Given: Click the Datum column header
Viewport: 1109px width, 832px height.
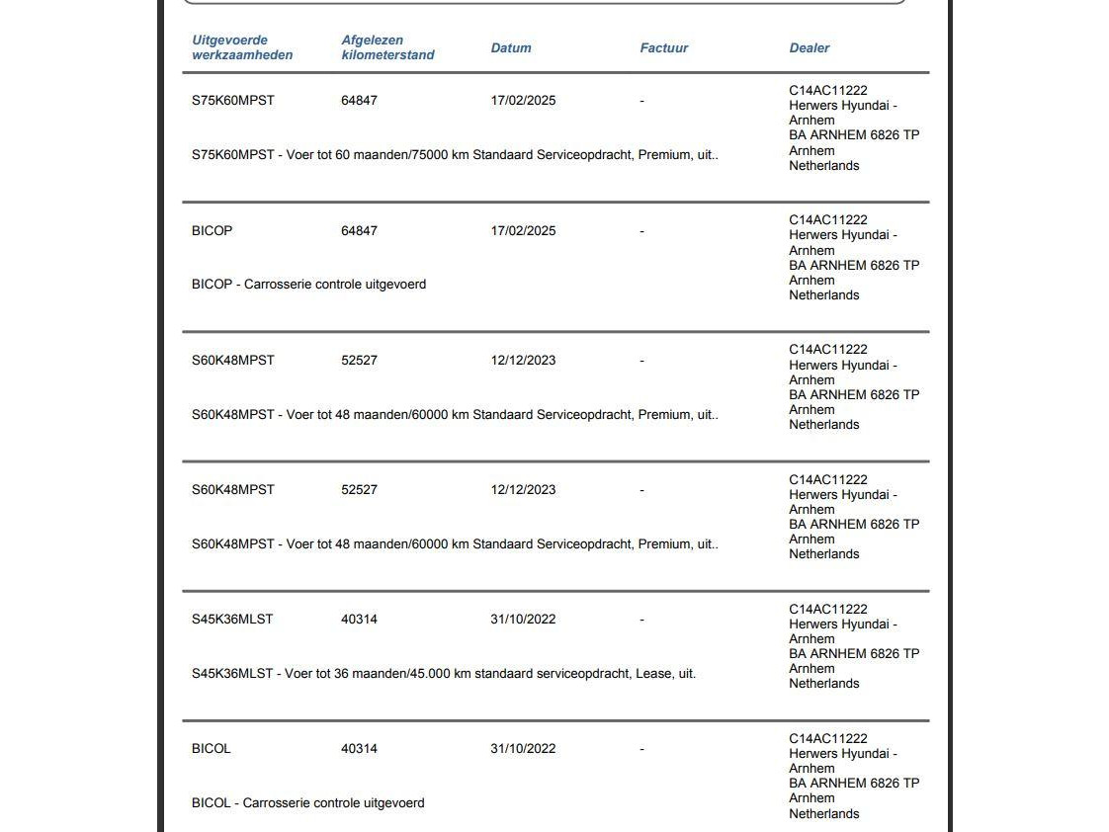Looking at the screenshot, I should click(511, 47).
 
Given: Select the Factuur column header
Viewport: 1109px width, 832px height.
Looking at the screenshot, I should click(663, 47).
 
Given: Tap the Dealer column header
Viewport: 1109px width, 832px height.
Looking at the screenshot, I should click(809, 47).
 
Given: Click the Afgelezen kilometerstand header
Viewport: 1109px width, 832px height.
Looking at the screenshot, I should click(387, 47).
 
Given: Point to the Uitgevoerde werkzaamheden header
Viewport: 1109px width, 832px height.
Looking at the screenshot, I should click(242, 47).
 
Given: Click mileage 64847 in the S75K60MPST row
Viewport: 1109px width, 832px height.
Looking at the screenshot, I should click(359, 101).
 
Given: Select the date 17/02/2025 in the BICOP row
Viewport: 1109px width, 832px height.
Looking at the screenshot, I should click(523, 231).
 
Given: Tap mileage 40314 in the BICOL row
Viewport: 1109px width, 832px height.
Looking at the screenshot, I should click(359, 749).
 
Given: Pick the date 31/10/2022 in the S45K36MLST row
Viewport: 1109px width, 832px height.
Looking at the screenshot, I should click(523, 620).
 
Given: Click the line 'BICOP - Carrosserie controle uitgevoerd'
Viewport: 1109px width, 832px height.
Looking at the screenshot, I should click(308, 285).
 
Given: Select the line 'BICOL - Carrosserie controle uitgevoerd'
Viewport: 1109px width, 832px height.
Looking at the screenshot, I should click(307, 803).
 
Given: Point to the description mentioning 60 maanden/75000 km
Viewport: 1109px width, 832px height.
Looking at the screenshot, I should click(455, 155).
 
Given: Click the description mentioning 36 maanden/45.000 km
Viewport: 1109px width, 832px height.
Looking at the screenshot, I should click(444, 674).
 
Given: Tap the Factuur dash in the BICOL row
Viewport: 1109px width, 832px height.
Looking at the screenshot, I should click(642, 749).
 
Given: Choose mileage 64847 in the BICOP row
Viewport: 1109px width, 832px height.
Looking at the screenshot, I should click(359, 231).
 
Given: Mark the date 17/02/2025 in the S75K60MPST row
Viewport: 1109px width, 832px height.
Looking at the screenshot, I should click(523, 101).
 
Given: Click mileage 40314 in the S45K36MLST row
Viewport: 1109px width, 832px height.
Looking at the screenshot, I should click(359, 620).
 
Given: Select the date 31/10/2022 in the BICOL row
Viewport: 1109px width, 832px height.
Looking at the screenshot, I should click(523, 749).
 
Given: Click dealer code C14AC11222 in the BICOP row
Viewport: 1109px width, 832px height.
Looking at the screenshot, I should click(827, 220).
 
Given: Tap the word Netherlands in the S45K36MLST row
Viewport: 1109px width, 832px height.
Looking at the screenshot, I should click(823, 684).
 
